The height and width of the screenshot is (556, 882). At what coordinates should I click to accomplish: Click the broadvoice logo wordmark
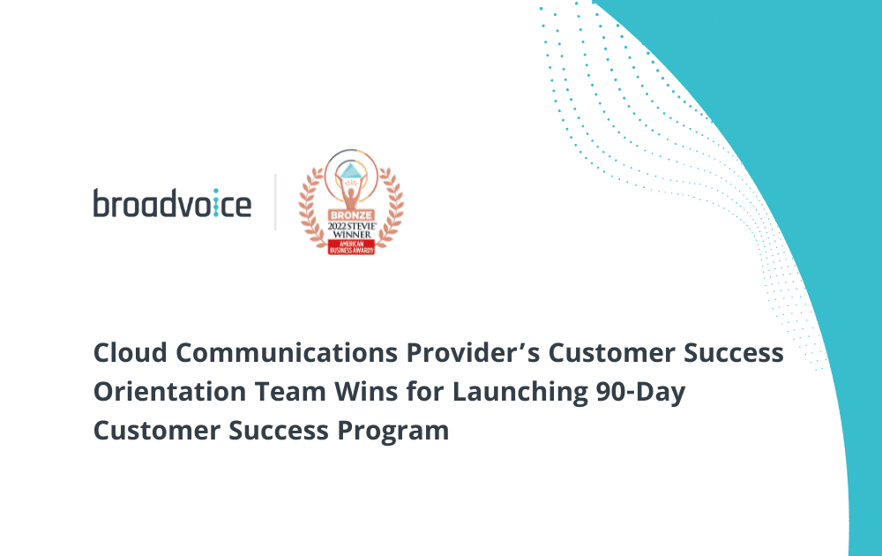tap(172, 203)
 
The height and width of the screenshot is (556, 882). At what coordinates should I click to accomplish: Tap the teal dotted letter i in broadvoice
tap(215, 203)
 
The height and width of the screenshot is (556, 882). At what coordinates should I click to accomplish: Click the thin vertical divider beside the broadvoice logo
tap(275, 202)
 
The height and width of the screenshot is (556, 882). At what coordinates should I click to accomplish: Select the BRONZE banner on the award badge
tap(351, 215)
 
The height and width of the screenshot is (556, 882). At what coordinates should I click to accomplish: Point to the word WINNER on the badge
tap(352, 234)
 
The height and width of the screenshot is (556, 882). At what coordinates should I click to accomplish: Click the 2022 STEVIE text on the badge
tap(352, 226)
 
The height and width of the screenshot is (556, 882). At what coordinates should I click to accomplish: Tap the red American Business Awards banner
tap(351, 247)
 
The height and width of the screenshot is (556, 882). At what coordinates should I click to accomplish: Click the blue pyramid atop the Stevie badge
tap(351, 170)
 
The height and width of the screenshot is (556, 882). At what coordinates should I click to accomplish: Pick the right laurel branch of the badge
tap(390, 207)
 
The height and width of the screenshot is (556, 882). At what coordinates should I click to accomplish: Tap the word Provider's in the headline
tap(473, 353)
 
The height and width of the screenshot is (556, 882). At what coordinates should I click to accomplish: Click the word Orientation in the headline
tap(169, 392)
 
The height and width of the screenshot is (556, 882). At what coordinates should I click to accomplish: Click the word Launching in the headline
tap(520, 392)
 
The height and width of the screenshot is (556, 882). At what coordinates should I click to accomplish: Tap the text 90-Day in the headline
tap(640, 392)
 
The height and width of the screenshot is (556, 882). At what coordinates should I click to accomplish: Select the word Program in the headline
tap(393, 432)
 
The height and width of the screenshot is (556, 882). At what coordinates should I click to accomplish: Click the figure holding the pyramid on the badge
tap(351, 192)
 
